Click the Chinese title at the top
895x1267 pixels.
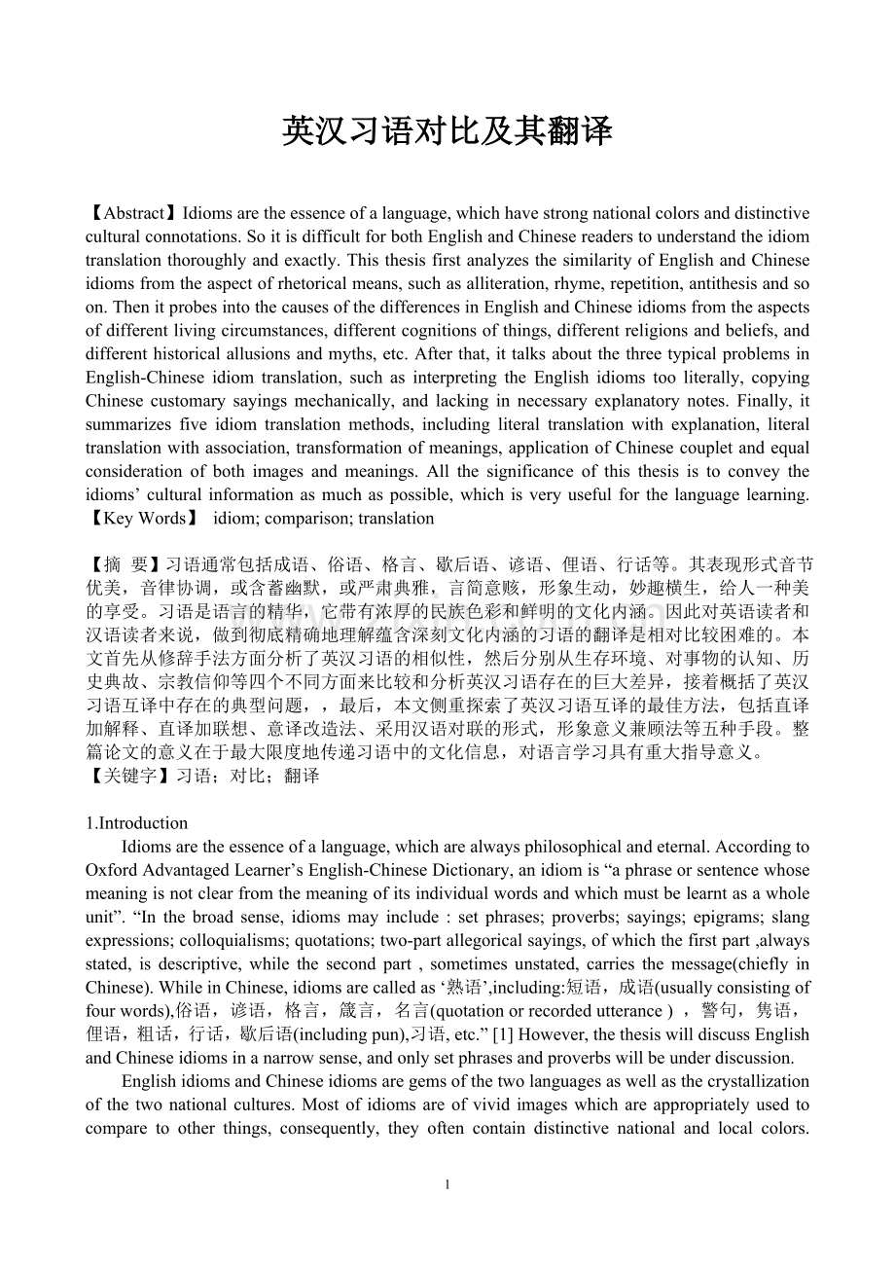(447, 130)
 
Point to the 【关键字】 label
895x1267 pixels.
(130, 776)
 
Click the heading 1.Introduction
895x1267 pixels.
(137, 823)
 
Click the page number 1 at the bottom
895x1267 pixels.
(447, 1184)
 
